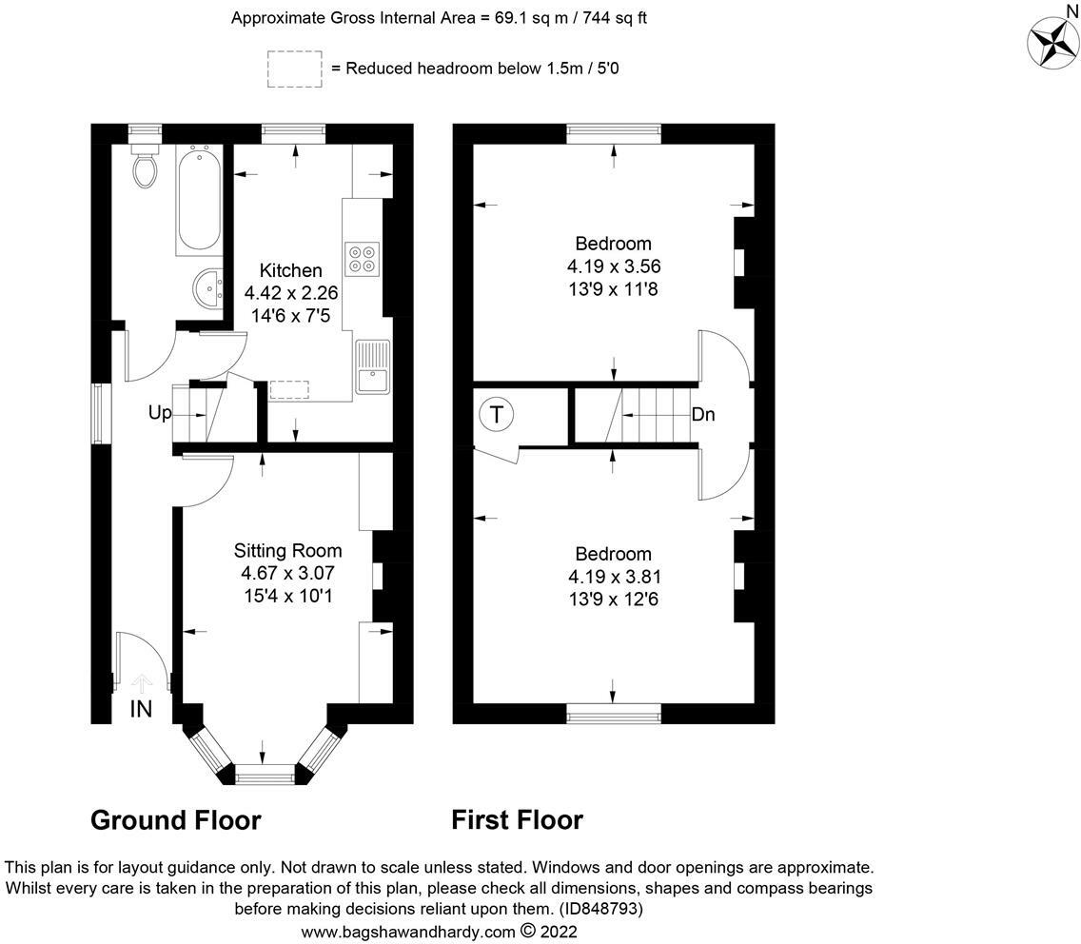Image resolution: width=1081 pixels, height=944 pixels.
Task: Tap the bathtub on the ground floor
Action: (200, 200)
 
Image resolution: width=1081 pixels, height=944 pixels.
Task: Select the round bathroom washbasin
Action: (207, 288)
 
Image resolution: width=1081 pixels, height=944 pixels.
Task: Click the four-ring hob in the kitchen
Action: (363, 259)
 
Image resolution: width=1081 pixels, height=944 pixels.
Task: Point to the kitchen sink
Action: (373, 367)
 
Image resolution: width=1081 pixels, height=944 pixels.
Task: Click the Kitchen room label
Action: (290, 270)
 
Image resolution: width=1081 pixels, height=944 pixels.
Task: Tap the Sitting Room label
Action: (287, 550)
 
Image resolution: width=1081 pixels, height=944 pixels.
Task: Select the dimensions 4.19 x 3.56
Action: (614, 266)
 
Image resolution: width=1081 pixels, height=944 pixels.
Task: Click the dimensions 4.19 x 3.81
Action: (614, 577)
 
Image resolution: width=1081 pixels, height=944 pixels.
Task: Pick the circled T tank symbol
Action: (497, 415)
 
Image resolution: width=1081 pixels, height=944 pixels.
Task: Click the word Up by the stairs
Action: (160, 413)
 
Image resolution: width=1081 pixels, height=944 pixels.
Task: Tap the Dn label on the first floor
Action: (703, 414)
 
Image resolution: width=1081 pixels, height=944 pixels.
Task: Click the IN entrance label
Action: (142, 709)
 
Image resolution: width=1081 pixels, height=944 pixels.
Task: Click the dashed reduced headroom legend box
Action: (294, 69)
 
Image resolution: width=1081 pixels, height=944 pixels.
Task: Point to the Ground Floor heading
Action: (176, 820)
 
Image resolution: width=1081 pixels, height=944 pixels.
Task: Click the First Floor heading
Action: (517, 820)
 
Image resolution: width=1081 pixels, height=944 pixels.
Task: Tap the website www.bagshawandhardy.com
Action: (409, 932)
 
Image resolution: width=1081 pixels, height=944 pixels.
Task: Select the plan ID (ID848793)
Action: (599, 909)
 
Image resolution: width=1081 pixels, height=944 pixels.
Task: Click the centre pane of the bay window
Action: (265, 775)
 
